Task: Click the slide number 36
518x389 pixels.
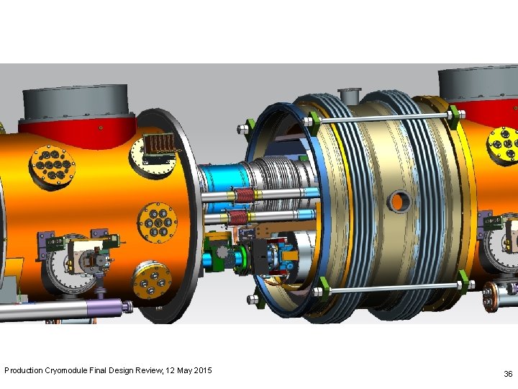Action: coord(508,374)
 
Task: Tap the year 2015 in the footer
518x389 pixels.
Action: coord(203,370)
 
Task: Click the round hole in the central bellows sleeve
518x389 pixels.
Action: coord(399,202)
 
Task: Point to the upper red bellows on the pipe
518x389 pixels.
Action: coord(244,196)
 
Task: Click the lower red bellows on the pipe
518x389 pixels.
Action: coord(239,218)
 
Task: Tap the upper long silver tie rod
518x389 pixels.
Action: coord(383,118)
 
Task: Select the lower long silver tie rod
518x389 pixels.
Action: coord(393,288)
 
